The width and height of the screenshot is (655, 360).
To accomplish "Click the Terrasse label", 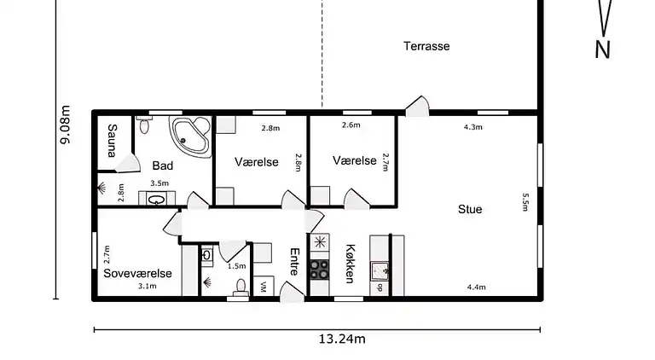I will (x=426, y=46).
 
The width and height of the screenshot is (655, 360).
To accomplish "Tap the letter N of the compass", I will (x=602, y=50).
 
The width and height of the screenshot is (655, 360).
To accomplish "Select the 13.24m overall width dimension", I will (x=341, y=339).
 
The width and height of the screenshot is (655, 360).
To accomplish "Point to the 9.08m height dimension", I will (x=65, y=126).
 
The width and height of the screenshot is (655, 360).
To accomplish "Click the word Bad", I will (x=163, y=165).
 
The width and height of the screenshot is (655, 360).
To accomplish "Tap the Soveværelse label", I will (x=138, y=273).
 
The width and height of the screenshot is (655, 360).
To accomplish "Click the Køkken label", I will (x=350, y=264).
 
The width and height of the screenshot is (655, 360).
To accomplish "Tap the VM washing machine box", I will (x=264, y=287).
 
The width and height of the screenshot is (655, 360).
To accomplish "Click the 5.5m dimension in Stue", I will (x=526, y=201).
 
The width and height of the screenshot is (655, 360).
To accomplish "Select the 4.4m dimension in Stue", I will (x=476, y=287).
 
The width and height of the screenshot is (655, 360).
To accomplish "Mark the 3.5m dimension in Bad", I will (x=159, y=183).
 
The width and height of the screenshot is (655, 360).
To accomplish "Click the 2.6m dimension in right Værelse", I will (x=351, y=125).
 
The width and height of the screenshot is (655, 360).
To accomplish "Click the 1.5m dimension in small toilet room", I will (x=236, y=266).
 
